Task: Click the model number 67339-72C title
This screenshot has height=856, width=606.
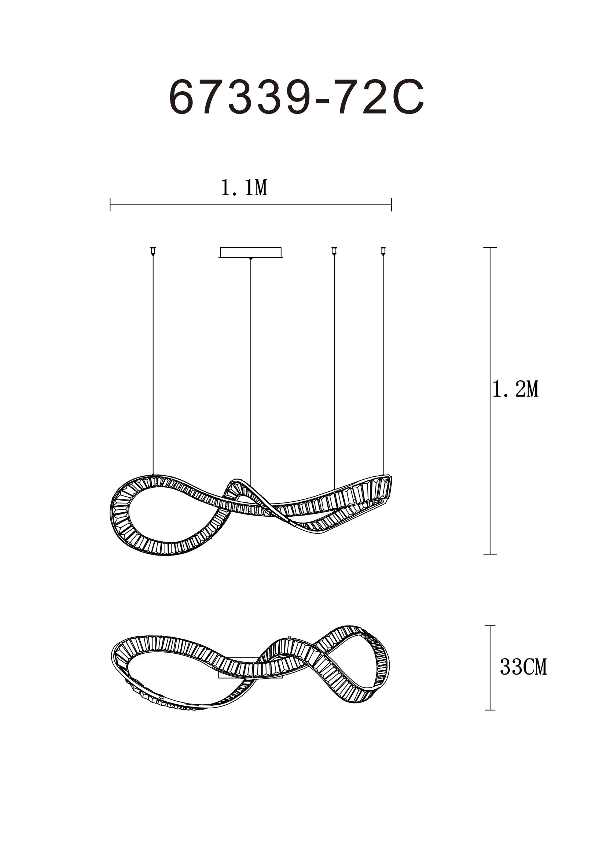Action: (297, 98)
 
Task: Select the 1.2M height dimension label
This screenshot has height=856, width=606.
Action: (516, 390)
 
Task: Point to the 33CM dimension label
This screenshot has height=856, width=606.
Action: (523, 667)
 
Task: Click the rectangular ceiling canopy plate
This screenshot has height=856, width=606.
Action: (251, 252)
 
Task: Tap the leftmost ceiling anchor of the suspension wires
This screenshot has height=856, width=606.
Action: (153, 251)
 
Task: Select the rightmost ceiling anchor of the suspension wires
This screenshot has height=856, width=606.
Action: (383, 251)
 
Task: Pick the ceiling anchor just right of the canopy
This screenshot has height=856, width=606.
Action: (334, 251)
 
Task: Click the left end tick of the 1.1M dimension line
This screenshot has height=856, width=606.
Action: (110, 205)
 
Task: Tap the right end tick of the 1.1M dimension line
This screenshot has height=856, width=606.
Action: (392, 205)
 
